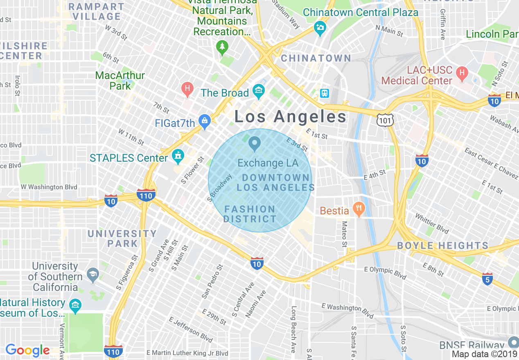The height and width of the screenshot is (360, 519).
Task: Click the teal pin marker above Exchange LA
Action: [x=255, y=144]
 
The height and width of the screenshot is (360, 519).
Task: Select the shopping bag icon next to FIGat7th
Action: [x=204, y=121]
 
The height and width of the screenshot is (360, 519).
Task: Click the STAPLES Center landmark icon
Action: [x=178, y=155]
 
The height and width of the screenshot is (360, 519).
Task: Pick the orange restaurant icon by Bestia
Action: [x=358, y=209]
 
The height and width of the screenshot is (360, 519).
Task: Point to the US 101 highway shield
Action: [x=386, y=119]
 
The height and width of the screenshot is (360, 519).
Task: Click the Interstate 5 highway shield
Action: [x=487, y=279]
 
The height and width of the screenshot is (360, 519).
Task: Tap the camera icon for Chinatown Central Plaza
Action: [x=320, y=28]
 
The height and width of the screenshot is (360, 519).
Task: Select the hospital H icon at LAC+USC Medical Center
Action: [x=462, y=74]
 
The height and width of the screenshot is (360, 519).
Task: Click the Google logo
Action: [x=27, y=350]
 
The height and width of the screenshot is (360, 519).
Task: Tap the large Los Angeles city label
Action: [x=290, y=117]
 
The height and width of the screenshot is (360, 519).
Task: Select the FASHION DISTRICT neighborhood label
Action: [x=250, y=214]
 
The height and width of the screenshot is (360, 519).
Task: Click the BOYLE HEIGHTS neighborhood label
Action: [x=443, y=246]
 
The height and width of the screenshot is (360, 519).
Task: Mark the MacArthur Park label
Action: [x=120, y=81]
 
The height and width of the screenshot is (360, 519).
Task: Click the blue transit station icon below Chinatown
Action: [x=324, y=93]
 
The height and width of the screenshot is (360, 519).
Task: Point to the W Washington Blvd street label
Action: [x=49, y=187]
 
